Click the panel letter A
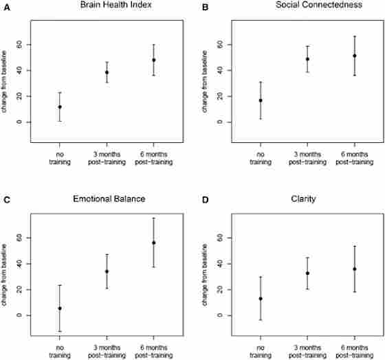tap(6, 7)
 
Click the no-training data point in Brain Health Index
tap(60, 106)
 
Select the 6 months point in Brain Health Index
tap(153, 60)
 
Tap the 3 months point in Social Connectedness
tap(307, 59)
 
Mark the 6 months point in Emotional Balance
tap(153, 243)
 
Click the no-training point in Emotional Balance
tap(60, 308)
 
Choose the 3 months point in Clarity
tap(307, 273)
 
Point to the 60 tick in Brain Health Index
tap(19, 45)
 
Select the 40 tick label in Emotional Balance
tap(19, 264)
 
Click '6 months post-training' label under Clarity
tap(354, 350)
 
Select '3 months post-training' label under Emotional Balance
tap(107, 350)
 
